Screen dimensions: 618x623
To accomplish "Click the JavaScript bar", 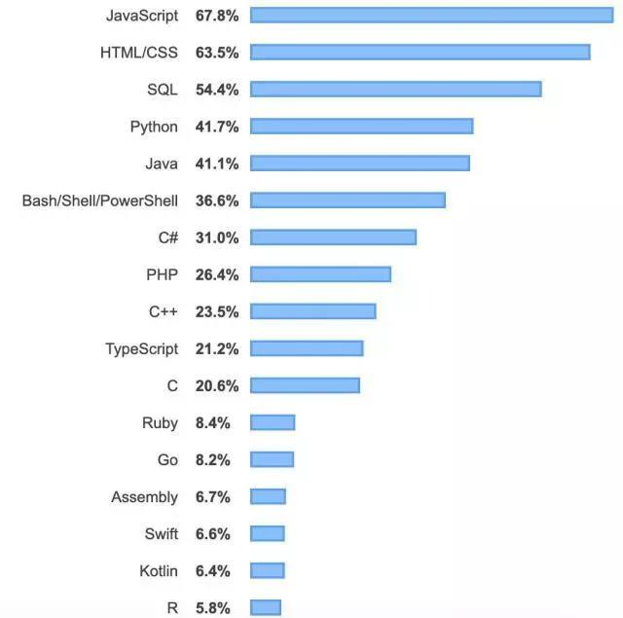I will [431, 15].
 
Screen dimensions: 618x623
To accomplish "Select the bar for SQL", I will [395, 90].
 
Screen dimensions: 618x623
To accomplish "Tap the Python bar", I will [361, 127].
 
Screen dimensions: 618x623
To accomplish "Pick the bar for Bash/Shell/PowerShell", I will [348, 200].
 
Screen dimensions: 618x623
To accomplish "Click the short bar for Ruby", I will [273, 422].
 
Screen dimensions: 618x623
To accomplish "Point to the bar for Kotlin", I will [268, 570].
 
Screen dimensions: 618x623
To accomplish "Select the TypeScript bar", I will [307, 348].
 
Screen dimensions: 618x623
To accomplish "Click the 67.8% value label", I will [217, 15].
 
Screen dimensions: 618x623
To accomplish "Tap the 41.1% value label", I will [217, 164].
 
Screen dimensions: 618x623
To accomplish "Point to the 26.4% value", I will [217, 274].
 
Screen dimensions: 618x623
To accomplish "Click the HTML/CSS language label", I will [139, 52].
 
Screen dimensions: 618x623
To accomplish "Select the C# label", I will [167, 237].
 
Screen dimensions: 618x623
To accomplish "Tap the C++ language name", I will [164, 311].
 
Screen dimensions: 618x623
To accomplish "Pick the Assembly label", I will [144, 496].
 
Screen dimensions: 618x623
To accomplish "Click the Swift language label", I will [161, 533].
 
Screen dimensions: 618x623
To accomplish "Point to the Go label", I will [167, 459].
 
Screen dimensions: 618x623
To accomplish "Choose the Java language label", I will [161, 164].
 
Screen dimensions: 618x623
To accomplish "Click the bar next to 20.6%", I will [305, 385].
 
